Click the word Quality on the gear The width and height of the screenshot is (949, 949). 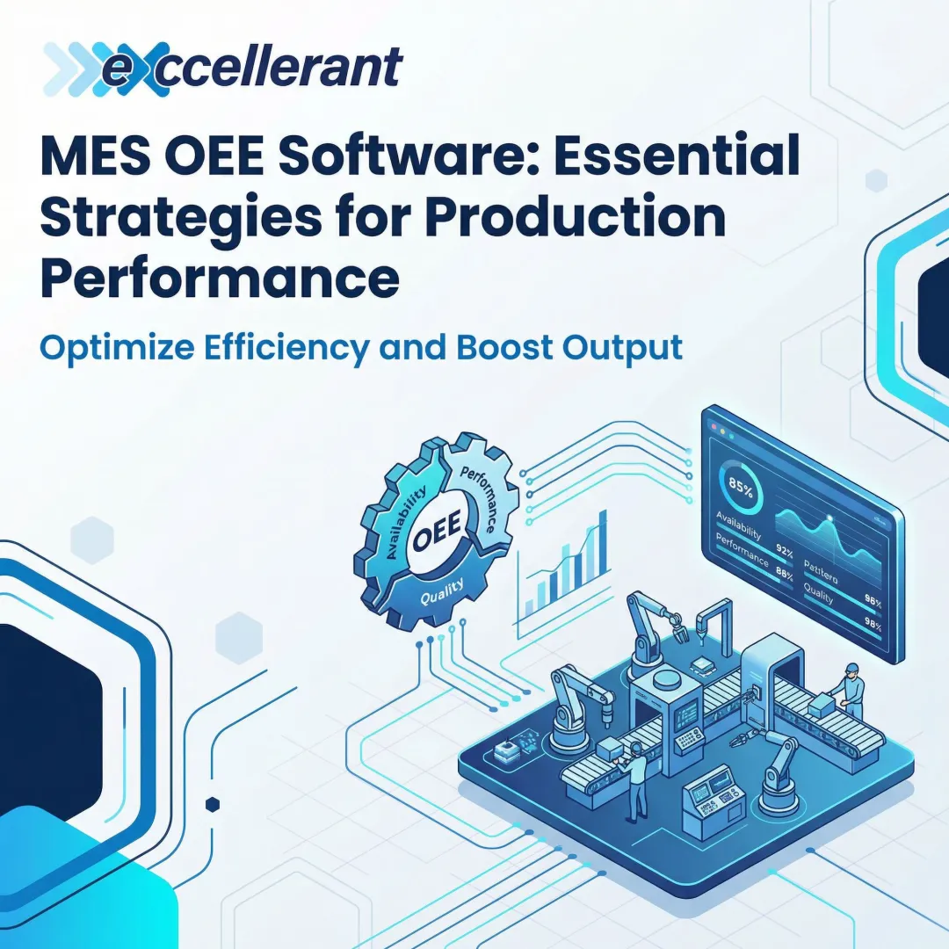436,598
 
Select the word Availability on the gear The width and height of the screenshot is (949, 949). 402,524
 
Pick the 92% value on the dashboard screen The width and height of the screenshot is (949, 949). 784,554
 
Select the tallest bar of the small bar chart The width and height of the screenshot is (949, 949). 602,540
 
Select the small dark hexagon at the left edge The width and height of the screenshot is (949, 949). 212,804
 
